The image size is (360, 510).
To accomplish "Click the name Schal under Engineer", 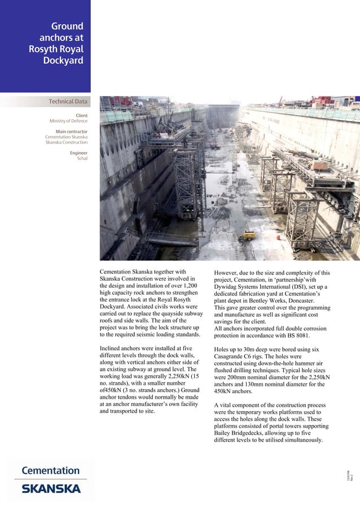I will pyautogui.click(x=82, y=158).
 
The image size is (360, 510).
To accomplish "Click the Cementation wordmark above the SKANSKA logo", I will pyautogui.click(x=51, y=470).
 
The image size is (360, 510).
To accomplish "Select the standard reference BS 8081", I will pyautogui.click(x=293, y=335).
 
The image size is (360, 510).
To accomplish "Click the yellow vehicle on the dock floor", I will pyautogui.click(x=248, y=236).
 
